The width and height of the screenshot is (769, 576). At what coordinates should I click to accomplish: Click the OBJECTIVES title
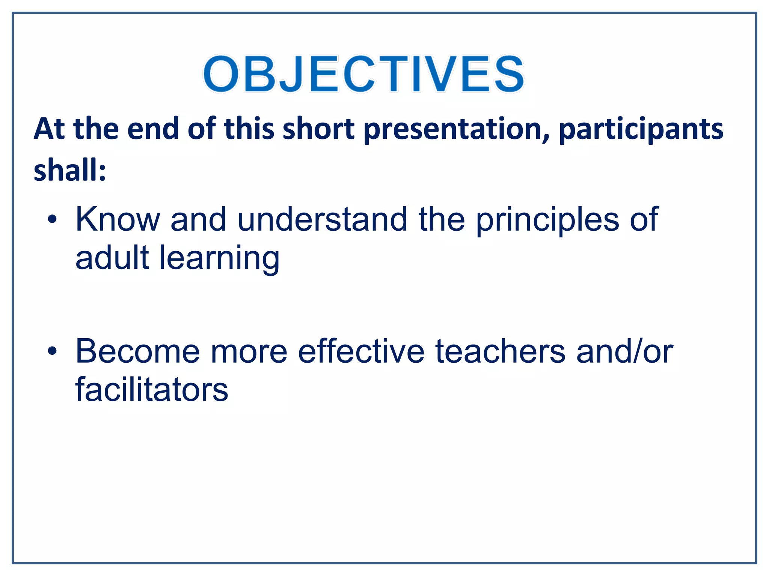coord(363,74)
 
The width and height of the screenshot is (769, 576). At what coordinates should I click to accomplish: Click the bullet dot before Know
coord(53,220)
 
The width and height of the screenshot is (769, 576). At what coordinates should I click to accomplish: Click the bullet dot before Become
coord(53,352)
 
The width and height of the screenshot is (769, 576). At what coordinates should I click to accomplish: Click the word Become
coord(138,351)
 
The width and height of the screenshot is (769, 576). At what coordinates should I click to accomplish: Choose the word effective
coord(361,351)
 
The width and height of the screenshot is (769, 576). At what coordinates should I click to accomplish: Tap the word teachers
coord(500,351)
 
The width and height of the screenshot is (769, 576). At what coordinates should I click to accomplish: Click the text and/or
coord(624,351)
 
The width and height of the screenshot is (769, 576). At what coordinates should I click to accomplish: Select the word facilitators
coord(152,390)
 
